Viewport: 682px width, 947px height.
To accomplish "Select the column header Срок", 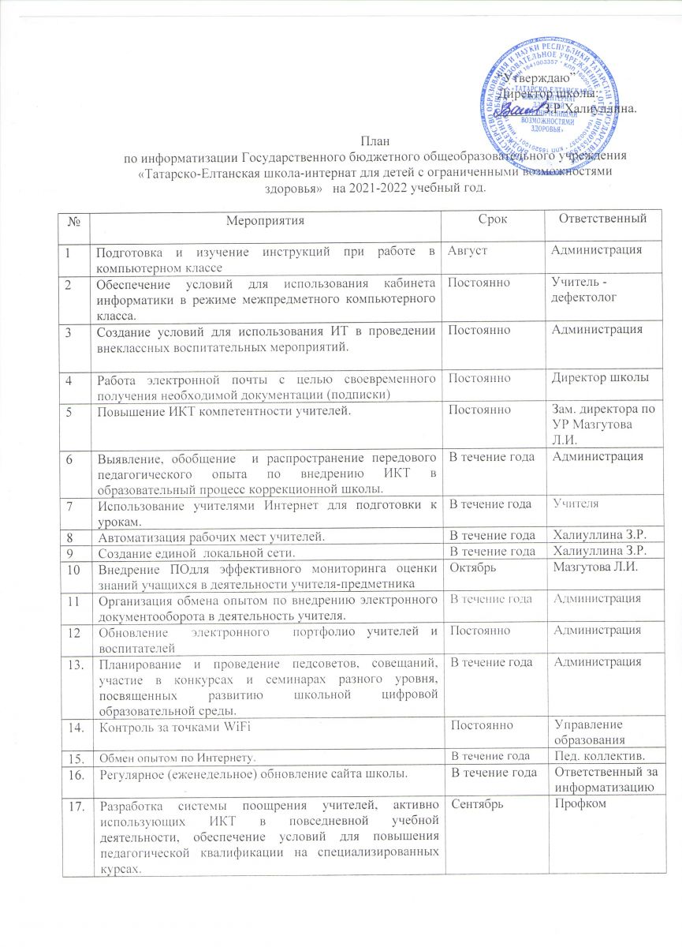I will (x=493, y=216).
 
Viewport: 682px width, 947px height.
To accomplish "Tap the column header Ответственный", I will (x=600, y=216).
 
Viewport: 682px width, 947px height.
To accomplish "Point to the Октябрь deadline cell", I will (x=473, y=567).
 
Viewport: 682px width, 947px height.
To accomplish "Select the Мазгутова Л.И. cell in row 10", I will (x=592, y=567).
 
